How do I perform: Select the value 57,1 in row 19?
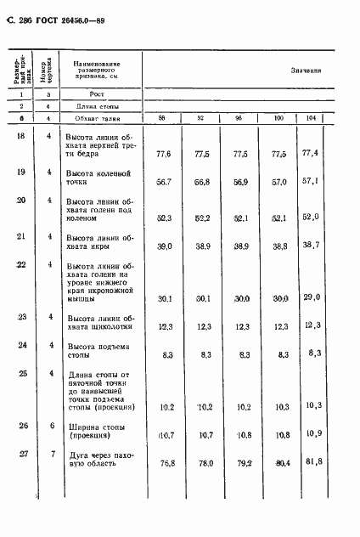[312, 182]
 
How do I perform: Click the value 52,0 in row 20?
[311, 217]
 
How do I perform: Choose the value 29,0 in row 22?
[311, 297]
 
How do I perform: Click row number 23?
[20, 318]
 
